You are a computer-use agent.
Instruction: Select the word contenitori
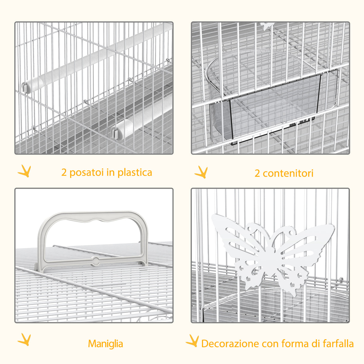288,173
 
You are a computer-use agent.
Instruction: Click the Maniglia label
106,344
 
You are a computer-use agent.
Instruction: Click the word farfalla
338,344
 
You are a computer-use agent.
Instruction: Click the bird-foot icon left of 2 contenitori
201,172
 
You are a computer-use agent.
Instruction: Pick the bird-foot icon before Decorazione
192,341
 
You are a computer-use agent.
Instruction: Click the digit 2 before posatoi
64,173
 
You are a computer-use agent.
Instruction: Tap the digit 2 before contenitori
257,173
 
